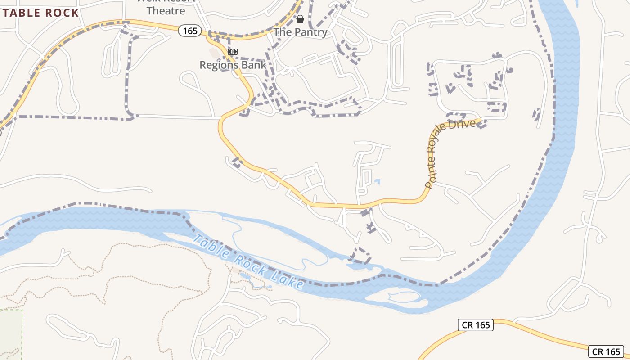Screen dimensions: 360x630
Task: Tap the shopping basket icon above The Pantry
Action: pos(300,19)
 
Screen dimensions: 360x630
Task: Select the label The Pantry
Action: pos(300,32)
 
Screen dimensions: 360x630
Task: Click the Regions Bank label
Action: pos(233,65)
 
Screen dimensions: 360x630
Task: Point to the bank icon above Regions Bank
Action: pos(233,52)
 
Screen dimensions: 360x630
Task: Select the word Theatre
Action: pos(166,10)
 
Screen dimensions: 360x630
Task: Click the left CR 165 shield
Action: pos(476,325)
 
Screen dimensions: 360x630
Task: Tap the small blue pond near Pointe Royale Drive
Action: pos(377,182)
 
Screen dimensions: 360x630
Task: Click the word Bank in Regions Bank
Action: pos(254,65)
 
